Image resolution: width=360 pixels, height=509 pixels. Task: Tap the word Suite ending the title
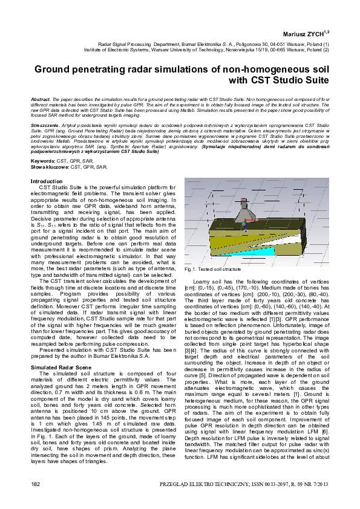click(315, 80)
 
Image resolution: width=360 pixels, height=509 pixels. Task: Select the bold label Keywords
click(42, 161)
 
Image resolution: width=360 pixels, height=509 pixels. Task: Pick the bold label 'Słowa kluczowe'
click(50, 166)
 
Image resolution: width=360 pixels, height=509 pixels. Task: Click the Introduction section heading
click(46, 181)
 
